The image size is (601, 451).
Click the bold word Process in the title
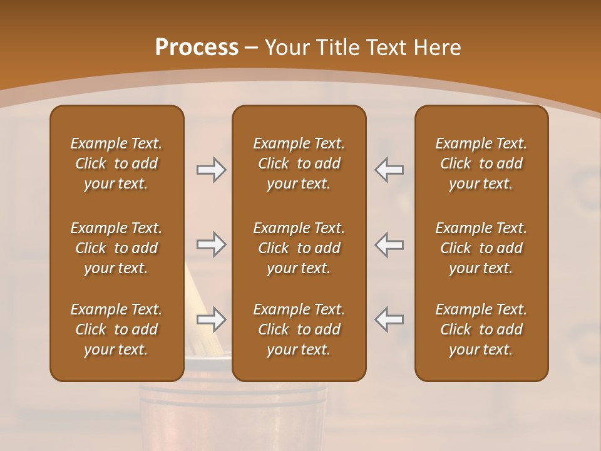tap(197, 48)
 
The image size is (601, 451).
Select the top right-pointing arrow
tap(211, 170)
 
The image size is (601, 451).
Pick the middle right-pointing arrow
tap(211, 244)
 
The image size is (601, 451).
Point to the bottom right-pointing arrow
tap(211, 319)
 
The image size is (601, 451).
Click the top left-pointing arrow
tap(389, 170)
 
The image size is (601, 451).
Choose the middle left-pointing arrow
tap(389, 244)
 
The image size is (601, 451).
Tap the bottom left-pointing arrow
tap(389, 319)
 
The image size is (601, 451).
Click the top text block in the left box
tap(116, 163)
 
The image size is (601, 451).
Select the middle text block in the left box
tap(116, 248)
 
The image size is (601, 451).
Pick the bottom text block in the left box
tap(116, 329)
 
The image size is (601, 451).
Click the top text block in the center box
tap(299, 163)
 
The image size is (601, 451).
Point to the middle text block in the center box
tap(299, 248)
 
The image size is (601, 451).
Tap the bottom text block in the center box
tap(299, 329)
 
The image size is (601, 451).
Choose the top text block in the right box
tap(481, 163)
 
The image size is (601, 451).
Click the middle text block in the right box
tap(481, 248)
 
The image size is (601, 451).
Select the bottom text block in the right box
tap(481, 329)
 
